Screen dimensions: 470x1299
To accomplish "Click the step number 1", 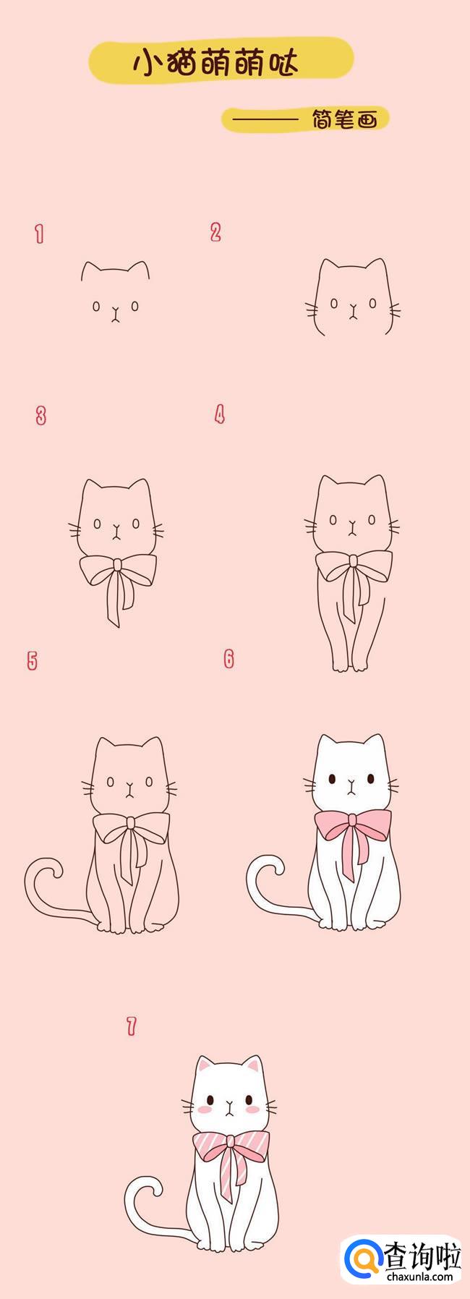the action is pyautogui.click(x=40, y=234).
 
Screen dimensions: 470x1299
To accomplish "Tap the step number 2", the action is pyautogui.click(x=215, y=232).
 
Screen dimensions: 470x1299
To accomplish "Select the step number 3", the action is pyautogui.click(x=41, y=416).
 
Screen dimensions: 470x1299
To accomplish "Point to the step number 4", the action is pyautogui.click(x=220, y=414).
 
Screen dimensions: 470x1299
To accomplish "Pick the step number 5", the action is pyautogui.click(x=32, y=660).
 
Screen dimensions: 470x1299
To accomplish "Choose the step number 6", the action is pyautogui.click(x=229, y=659).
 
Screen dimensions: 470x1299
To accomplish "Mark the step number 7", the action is pyautogui.click(x=131, y=1026).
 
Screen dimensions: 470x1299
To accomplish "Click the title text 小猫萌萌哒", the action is pyautogui.click(x=215, y=64).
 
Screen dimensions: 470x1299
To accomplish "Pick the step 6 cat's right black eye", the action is pyautogui.click(x=370, y=780).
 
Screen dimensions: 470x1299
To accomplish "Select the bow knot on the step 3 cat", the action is pyautogui.click(x=116, y=562).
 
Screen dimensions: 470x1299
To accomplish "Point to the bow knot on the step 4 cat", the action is pyautogui.click(x=351, y=559).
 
